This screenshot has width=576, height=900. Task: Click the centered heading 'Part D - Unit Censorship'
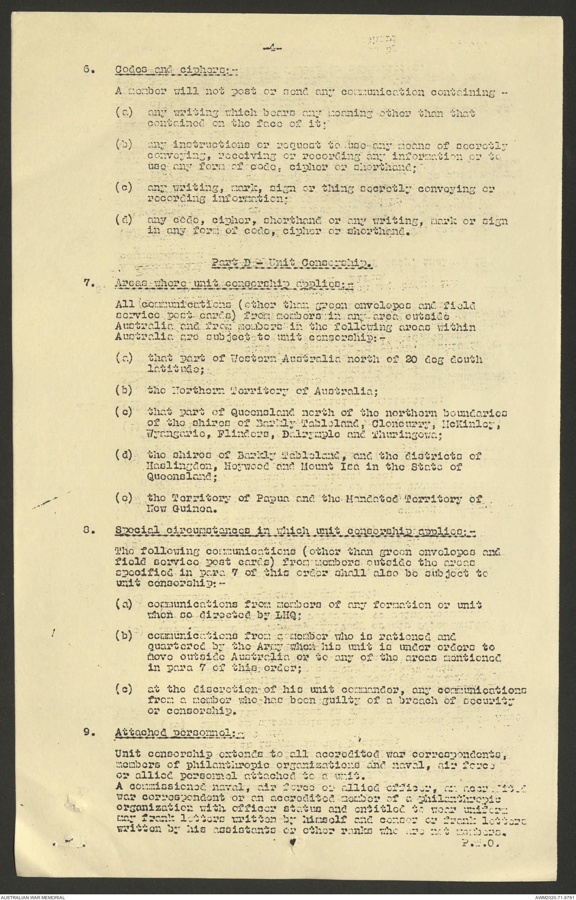[292, 263]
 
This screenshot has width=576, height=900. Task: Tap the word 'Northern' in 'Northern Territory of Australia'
[196, 391]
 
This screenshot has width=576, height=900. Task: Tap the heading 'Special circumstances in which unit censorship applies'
[296, 531]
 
